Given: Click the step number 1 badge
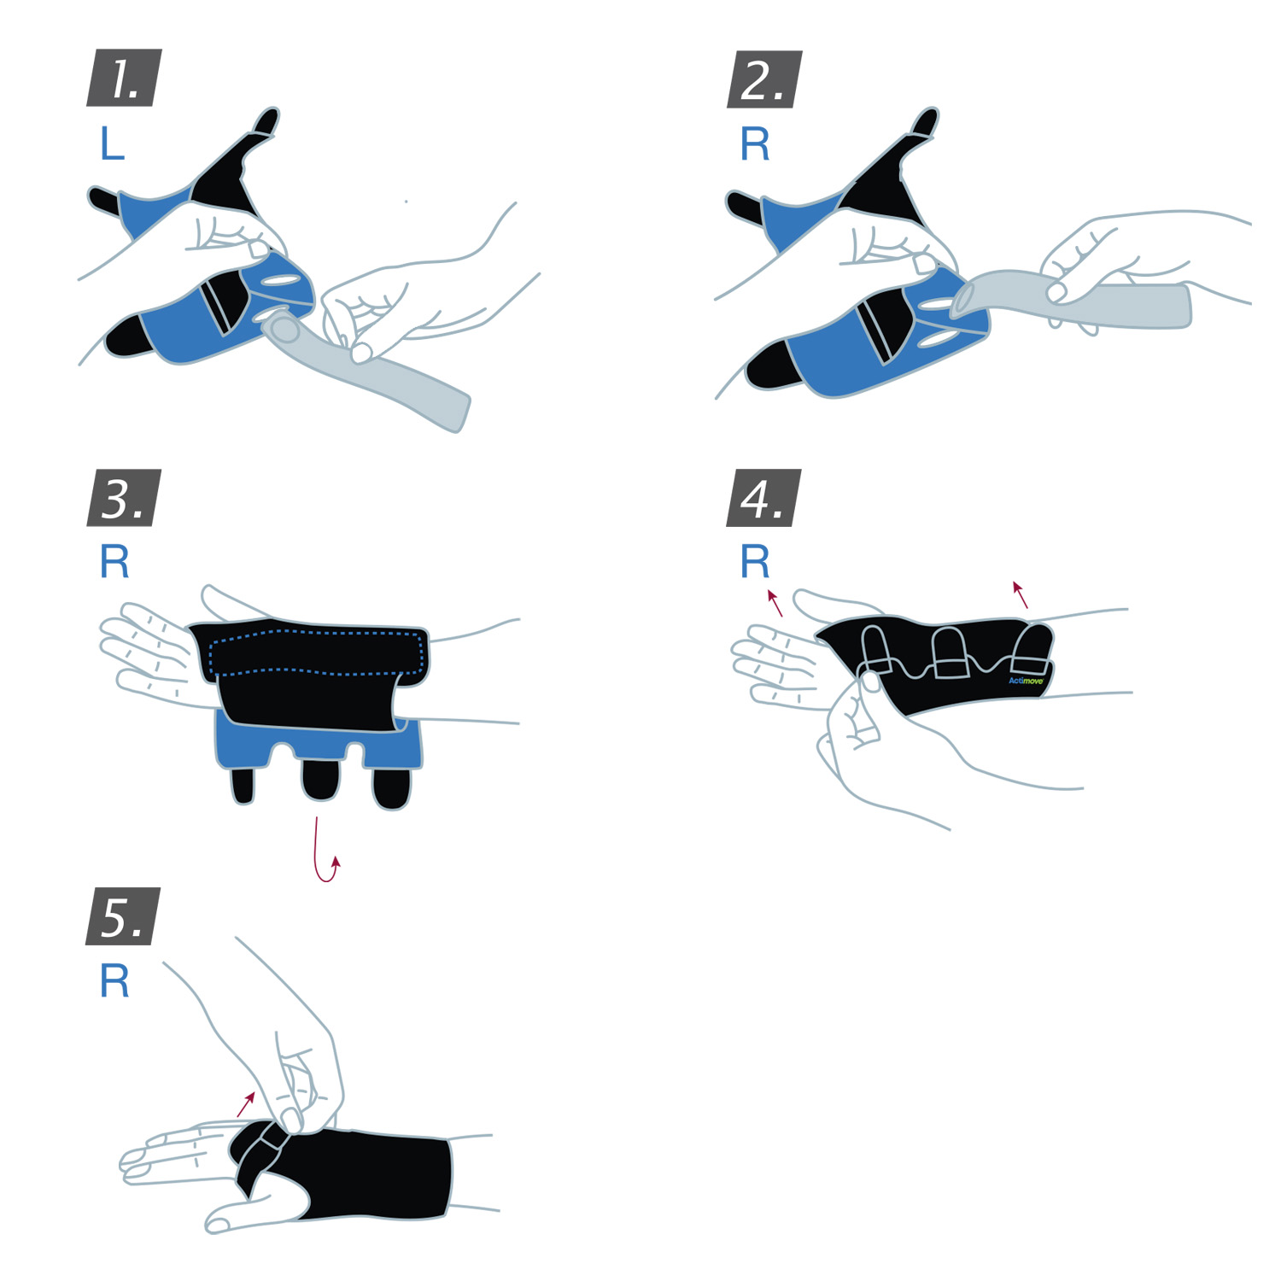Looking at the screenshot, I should point(124,79).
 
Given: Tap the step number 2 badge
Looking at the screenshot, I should point(763,79).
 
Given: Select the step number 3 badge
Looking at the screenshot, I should point(124,498).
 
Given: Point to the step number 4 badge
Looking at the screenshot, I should point(763,498).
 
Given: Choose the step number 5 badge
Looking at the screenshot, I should point(123,916).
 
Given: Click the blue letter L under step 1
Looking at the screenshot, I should point(112,143).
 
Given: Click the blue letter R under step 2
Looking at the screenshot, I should point(755,144).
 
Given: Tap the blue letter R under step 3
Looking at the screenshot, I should point(114,562).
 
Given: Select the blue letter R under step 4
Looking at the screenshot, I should point(755,562).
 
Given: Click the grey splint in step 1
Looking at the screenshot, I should point(384,380).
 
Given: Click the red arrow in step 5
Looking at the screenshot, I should point(246,1103).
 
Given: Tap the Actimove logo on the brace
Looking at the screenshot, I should point(1026,681).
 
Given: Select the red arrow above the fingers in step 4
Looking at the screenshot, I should point(775,602).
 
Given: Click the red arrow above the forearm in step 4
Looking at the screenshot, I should point(1020,594).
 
